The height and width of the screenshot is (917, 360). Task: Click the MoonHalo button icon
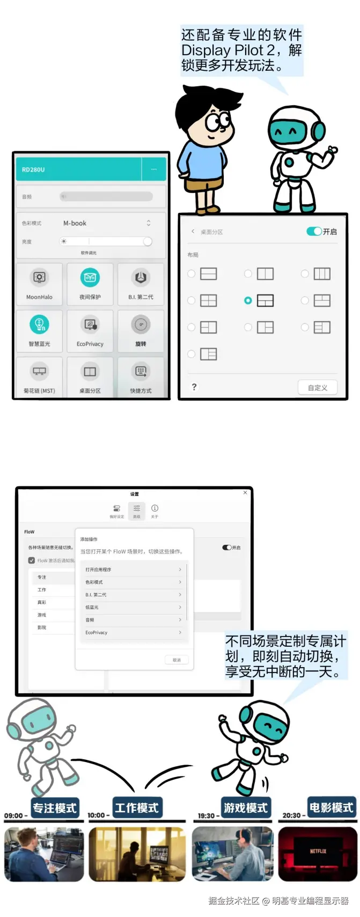(39, 277)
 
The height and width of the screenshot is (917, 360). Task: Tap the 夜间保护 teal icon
(90, 277)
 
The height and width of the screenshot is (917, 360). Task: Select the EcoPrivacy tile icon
(90, 324)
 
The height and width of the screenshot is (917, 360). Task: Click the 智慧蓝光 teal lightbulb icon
(39, 324)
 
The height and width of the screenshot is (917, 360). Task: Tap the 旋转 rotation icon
(141, 324)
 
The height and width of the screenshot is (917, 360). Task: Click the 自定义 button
(318, 387)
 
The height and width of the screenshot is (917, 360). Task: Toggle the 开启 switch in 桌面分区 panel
(314, 232)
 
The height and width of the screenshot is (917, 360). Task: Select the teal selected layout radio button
(248, 301)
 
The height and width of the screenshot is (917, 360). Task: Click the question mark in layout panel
(194, 387)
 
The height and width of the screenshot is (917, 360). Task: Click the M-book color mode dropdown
(106, 223)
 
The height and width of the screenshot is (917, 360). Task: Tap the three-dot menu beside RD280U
(154, 169)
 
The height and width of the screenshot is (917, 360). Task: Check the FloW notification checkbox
(32, 560)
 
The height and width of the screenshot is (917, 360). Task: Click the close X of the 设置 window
(245, 492)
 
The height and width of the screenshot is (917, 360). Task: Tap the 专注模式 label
(55, 808)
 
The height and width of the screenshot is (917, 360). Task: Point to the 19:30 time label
(207, 816)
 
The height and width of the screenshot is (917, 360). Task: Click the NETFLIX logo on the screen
(318, 851)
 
